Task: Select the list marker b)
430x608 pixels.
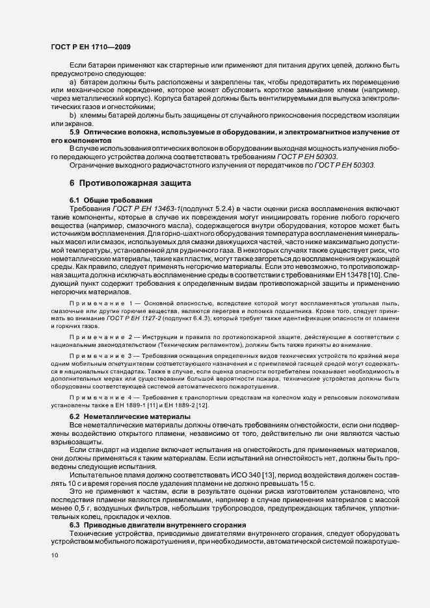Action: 73,115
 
